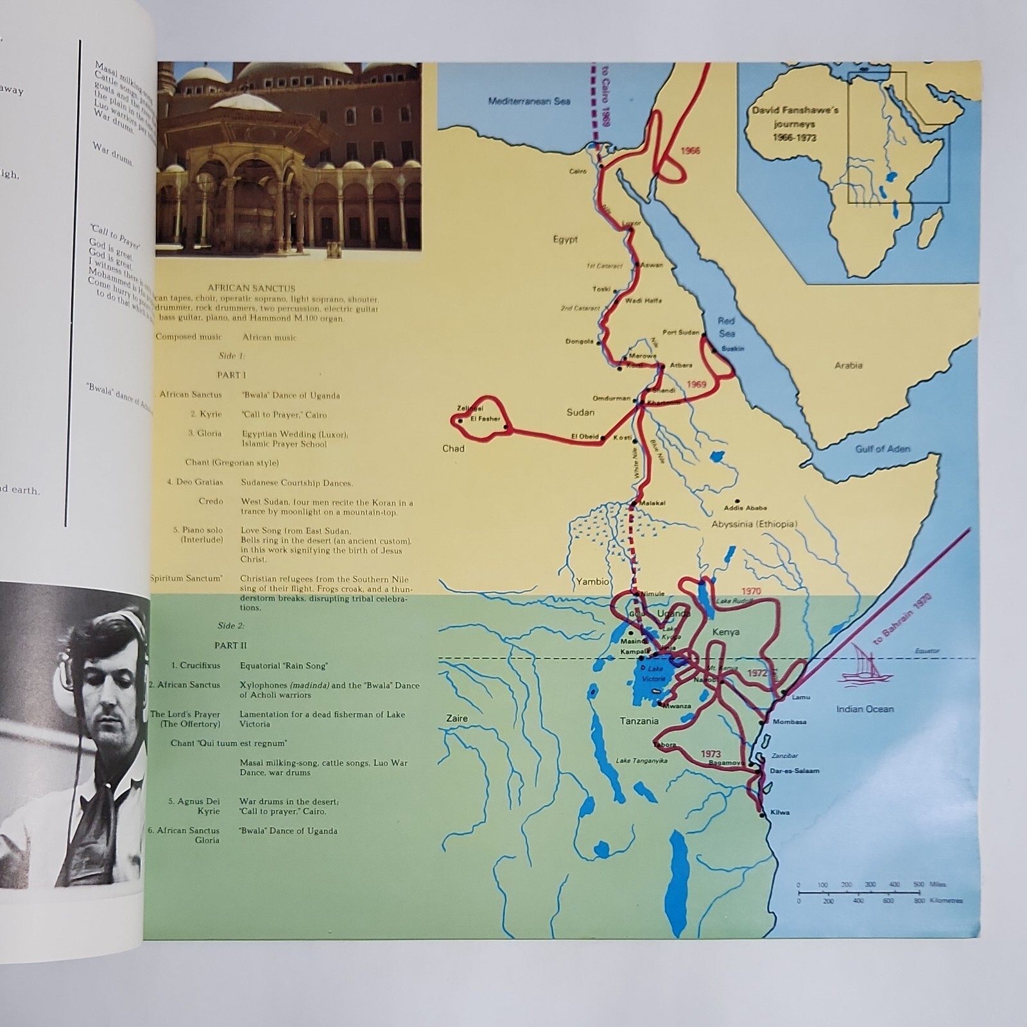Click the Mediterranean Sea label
[529, 101]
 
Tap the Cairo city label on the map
[578, 171]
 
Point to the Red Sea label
[727, 327]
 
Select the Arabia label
[848, 365]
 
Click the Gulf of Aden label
[882, 449]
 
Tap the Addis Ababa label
[745, 508]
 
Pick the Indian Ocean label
[865, 709]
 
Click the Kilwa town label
[779, 813]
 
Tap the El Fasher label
[485, 419]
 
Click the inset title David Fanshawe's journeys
[795, 124]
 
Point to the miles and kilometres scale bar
[860, 893]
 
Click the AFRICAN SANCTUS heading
[252, 289]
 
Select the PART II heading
[230, 646]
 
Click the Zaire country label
[457, 718]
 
